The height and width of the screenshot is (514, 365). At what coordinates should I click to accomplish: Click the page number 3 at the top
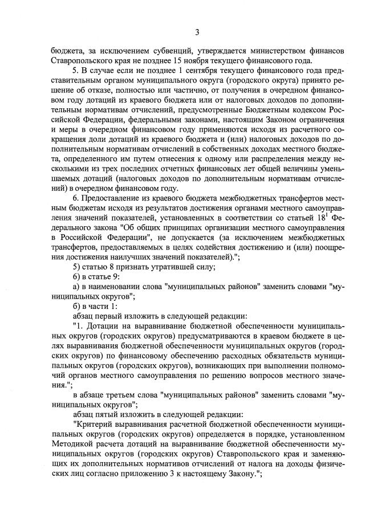tap(197, 31)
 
